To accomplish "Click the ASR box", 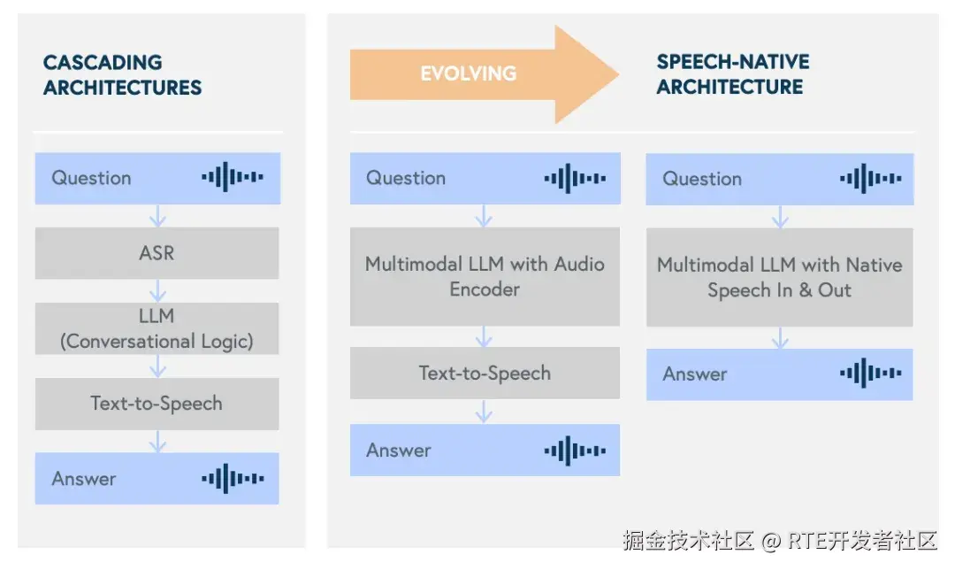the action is click(157, 253).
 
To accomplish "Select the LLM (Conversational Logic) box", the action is click(157, 328).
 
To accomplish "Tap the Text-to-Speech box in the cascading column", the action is click(157, 404).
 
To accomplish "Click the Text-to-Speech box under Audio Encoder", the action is click(485, 373).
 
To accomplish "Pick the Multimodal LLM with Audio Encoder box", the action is click(485, 276).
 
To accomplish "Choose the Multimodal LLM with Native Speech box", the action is click(779, 277).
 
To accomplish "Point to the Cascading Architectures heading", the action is click(122, 75).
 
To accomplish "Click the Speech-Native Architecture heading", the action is click(732, 74).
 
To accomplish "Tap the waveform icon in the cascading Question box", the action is click(232, 177).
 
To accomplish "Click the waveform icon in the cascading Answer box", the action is click(232, 479).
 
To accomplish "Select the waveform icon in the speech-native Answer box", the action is click(870, 374).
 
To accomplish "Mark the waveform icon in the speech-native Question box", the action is click(870, 178).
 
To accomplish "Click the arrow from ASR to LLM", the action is click(157, 290).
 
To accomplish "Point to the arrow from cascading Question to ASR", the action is click(157, 216).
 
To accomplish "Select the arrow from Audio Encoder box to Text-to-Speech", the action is click(484, 336).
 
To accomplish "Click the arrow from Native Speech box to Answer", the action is click(779, 337).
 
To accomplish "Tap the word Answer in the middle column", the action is click(399, 450).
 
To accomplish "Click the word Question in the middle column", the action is click(406, 178).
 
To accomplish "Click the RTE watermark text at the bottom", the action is click(849, 540).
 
